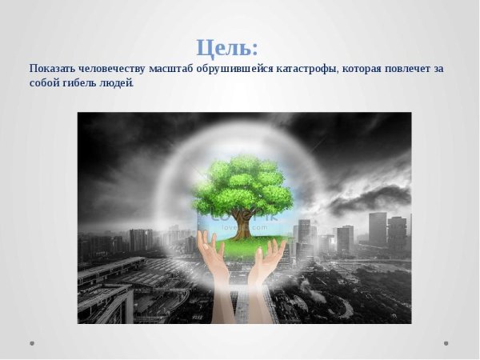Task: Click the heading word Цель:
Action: (227, 47)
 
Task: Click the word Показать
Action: (51, 69)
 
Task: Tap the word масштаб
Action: (174, 69)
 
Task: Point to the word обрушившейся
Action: (235, 69)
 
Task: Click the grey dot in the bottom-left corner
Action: (32, 343)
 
